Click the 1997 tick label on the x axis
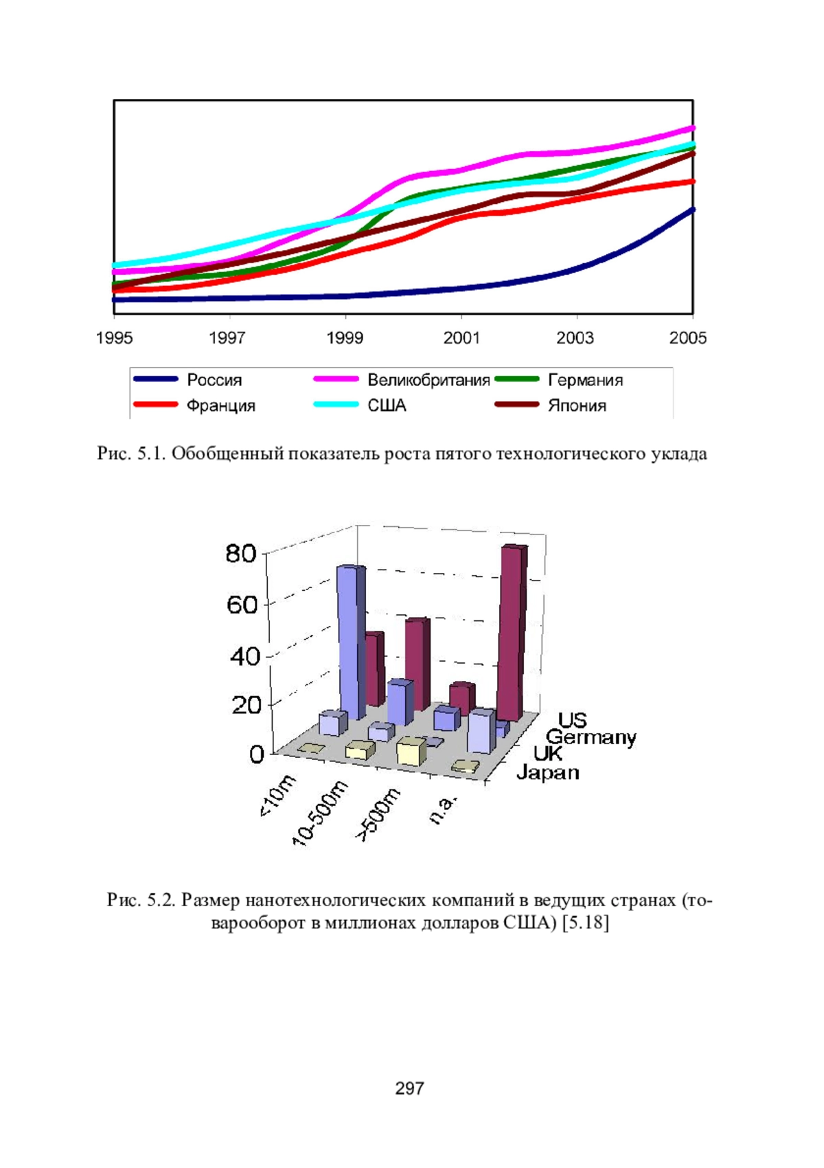pos(227,338)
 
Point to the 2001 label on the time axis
pos(461,338)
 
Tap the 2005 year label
pos(687,338)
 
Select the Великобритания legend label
pos(401,379)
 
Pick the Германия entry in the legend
pos(558,379)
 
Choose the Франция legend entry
pos(194,405)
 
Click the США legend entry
pos(360,405)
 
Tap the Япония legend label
pos(550,405)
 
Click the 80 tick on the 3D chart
pos(241,553)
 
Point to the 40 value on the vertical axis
pos(244,656)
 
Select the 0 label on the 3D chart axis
pos(256,754)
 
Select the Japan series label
pos(548,772)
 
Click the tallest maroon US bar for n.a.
pos(512,633)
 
